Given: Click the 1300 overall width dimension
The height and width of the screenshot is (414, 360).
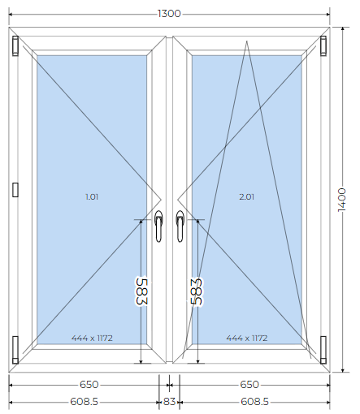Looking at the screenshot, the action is click(x=169, y=14).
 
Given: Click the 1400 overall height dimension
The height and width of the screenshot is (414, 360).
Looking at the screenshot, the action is click(x=342, y=200).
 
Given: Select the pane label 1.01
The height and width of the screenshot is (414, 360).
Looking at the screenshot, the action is click(x=92, y=196).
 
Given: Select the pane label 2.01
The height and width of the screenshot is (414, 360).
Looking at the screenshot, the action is click(x=246, y=196).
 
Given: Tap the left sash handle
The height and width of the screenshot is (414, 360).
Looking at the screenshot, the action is click(x=158, y=226).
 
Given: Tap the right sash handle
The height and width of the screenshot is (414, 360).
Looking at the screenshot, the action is click(x=180, y=226).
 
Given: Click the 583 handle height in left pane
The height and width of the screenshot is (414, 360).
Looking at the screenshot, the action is click(x=141, y=291).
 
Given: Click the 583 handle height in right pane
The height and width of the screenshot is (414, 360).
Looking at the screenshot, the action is click(x=197, y=291).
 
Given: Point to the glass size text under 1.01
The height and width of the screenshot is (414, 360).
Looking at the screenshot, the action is click(x=92, y=338).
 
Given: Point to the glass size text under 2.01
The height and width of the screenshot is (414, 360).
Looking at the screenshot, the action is click(x=247, y=338).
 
